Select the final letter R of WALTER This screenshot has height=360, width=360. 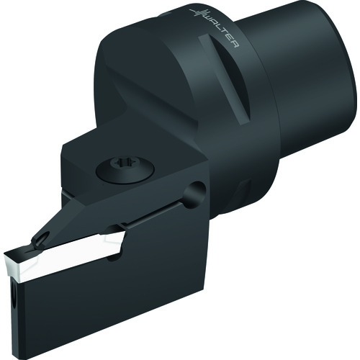tap(235, 44)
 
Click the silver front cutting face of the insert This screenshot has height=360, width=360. tap(14, 266)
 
